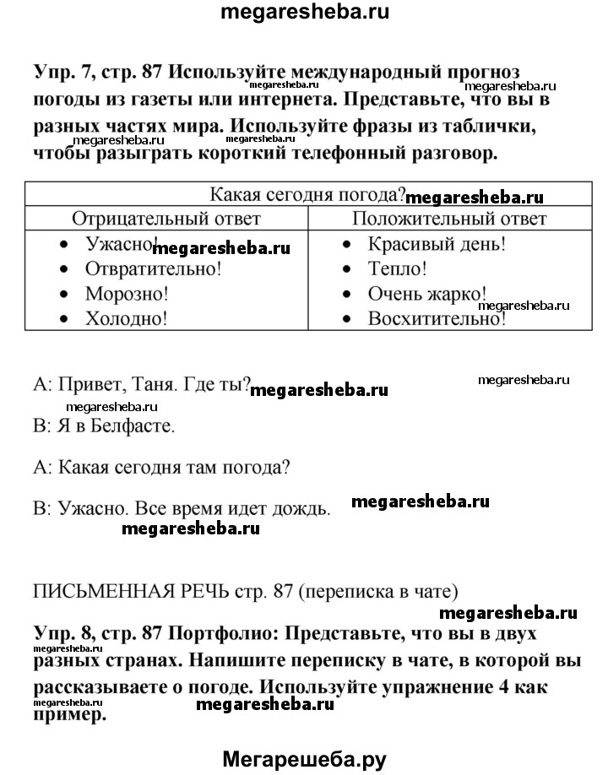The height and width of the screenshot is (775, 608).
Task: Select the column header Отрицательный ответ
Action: tap(166, 219)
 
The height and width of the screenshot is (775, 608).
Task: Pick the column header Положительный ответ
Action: tap(448, 219)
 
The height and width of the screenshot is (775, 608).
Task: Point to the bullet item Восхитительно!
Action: tap(437, 318)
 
